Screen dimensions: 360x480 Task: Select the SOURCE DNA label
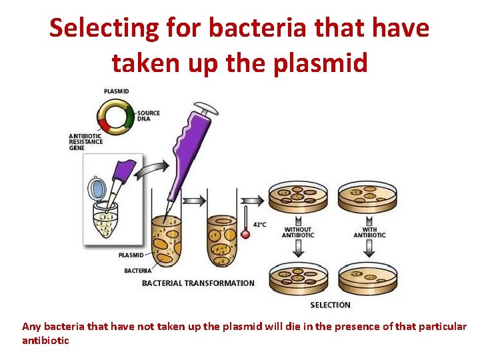point(149,116)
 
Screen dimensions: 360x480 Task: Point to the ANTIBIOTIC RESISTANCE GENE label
point(85,142)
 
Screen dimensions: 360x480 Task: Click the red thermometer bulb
point(245,234)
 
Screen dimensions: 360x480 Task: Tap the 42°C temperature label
point(259,225)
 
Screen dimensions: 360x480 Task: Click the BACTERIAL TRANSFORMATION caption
point(198,283)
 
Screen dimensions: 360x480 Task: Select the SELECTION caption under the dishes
point(330,305)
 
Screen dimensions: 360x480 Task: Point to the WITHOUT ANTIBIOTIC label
point(297,232)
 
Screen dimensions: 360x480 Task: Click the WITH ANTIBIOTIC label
point(369,232)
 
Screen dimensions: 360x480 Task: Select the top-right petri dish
point(368,197)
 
